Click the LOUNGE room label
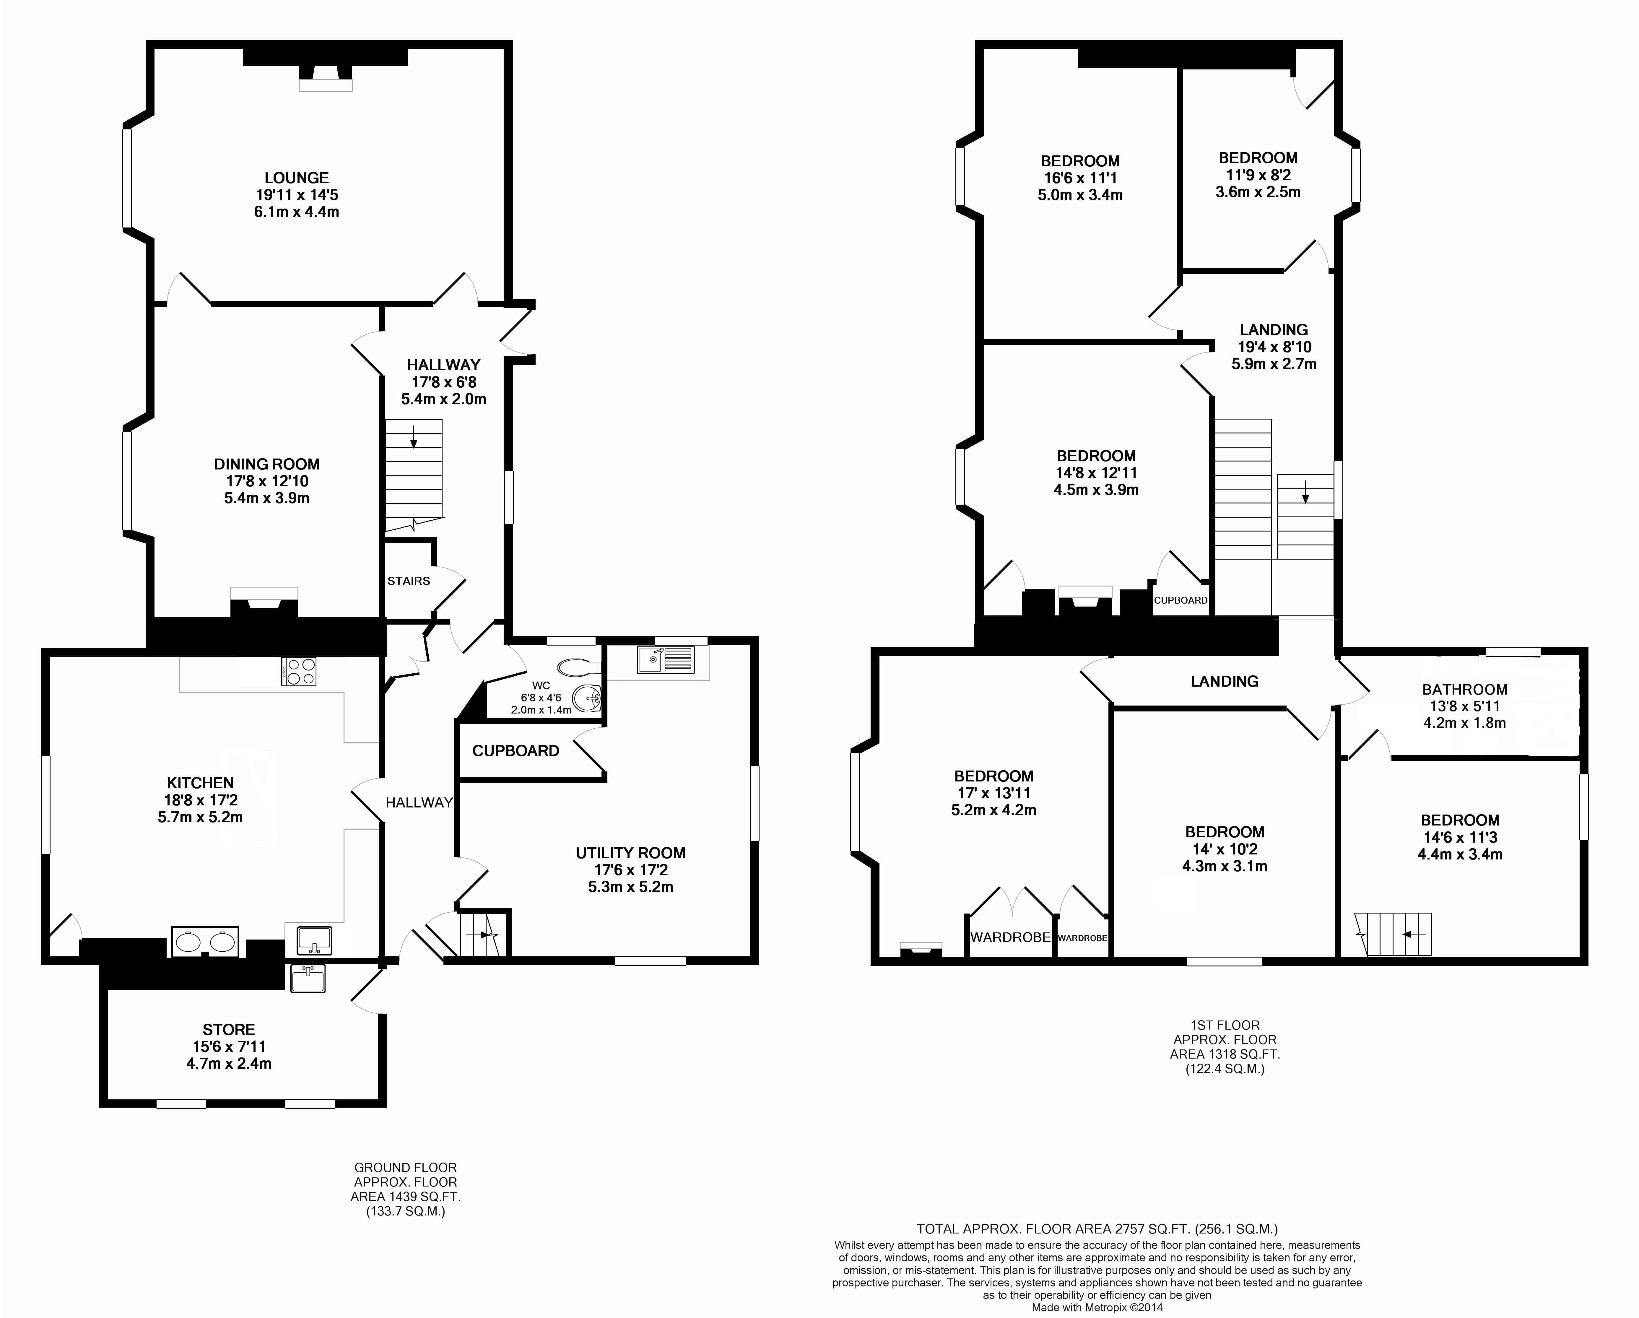297,178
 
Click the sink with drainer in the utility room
666,660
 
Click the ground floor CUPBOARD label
516,751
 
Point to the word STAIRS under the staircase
408,581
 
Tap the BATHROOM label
1464,689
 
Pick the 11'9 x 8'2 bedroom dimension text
1257,175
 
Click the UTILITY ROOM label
630,853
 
